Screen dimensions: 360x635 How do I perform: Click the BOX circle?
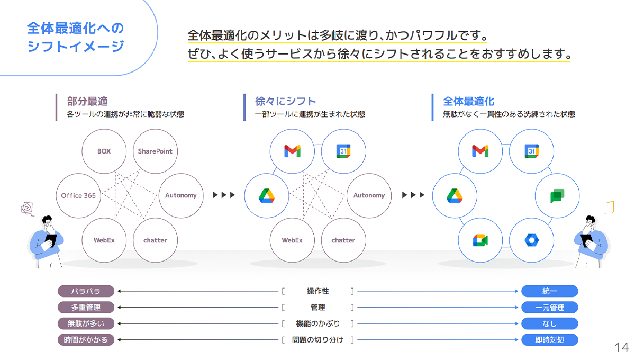104,151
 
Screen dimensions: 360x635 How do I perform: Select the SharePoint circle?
155,151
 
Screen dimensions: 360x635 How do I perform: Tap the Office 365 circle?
78,195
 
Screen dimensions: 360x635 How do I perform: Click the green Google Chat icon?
557,196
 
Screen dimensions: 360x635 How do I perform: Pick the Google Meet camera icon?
480,240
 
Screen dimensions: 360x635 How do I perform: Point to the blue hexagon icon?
531,240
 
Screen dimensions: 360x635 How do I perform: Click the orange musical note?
610,206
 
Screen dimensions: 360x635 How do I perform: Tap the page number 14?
621,347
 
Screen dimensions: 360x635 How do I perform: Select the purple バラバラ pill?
86,291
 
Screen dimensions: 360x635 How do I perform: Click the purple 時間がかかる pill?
86,340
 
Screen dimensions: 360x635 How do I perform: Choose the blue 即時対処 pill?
550,340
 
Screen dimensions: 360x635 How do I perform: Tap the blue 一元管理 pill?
550,308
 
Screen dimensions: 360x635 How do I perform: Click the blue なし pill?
550,323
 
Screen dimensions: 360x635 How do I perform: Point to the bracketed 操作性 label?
317,291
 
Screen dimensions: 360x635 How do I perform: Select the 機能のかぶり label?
317,323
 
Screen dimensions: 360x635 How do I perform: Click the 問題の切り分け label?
317,340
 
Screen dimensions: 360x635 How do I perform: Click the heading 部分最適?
87,101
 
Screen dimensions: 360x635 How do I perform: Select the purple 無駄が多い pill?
86,323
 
